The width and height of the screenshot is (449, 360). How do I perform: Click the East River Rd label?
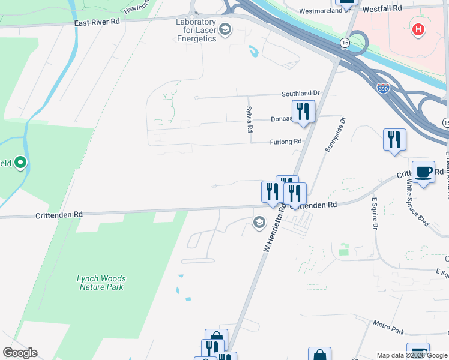click(x=97, y=21)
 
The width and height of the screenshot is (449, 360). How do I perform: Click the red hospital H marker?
click(x=418, y=28)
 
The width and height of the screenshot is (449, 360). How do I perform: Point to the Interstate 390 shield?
click(x=382, y=88)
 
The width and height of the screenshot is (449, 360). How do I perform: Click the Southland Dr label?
click(x=302, y=94)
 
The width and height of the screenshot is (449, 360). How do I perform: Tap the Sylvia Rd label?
click(x=249, y=119)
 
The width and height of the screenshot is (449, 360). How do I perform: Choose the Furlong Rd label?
click(x=286, y=142)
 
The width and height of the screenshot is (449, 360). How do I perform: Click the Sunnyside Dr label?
click(x=335, y=134)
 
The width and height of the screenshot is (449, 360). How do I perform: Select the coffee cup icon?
click(x=423, y=172)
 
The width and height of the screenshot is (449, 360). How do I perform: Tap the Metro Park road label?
click(x=388, y=329)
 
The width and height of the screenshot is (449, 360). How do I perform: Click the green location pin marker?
click(x=20, y=163)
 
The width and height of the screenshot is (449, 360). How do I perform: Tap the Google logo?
click(x=20, y=353)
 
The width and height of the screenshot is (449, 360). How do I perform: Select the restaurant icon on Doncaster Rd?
click(x=303, y=112)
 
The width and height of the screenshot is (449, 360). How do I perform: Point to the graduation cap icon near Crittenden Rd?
click(x=259, y=223)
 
